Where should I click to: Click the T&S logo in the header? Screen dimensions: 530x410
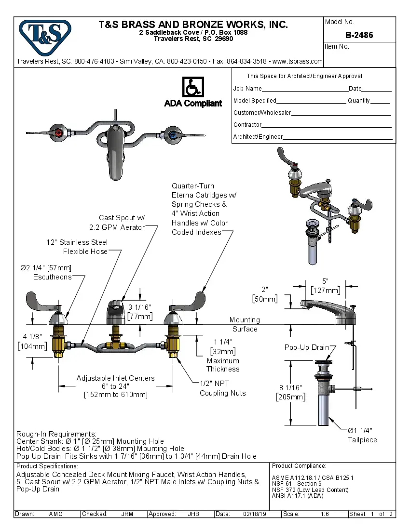45,37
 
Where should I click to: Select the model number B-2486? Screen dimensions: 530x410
359,35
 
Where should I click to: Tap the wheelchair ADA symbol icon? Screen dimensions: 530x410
193,87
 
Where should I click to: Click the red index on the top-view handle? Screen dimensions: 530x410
58,133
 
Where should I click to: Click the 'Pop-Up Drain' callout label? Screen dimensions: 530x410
306,347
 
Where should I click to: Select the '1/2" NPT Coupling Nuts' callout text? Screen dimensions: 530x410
222,388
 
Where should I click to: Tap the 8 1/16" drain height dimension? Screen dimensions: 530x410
290,392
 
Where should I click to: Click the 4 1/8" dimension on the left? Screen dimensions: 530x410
32,342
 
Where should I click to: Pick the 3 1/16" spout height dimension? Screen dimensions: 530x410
140,312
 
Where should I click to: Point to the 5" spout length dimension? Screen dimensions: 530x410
326,286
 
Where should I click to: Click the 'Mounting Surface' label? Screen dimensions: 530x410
245,324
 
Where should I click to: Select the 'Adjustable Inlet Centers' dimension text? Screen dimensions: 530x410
115,386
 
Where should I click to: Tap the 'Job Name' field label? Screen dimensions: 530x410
247,89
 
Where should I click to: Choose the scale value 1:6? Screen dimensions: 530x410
325,514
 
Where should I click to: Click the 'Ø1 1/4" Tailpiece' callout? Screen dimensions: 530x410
362,435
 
